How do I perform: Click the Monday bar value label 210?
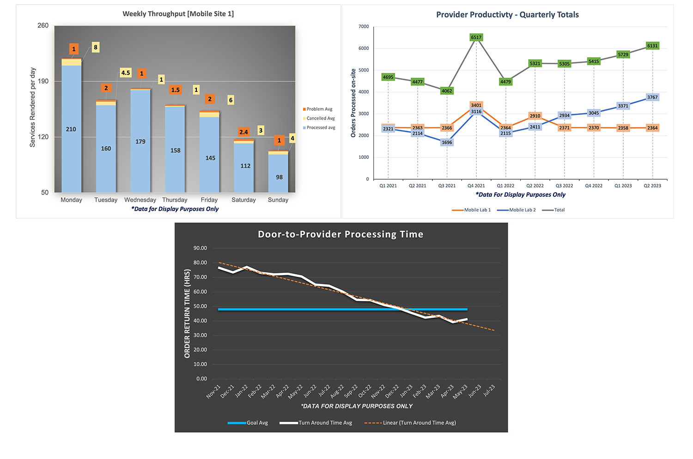(x=71, y=129)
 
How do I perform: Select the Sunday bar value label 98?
(x=279, y=177)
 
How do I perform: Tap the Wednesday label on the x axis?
(x=140, y=200)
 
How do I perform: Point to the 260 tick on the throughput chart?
(x=43, y=26)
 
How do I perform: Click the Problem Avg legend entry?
(x=319, y=109)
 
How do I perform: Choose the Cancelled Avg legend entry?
(x=320, y=119)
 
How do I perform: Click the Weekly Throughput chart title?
(x=178, y=14)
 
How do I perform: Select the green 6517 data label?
(x=476, y=37)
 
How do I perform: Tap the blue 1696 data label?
(x=447, y=143)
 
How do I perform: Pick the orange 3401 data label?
(x=476, y=105)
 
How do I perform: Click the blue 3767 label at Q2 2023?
(x=652, y=97)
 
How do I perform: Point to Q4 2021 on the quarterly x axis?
(x=476, y=186)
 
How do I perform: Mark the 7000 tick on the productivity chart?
(x=364, y=27)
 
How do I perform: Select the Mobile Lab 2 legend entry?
(x=522, y=210)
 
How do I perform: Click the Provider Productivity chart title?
(x=507, y=15)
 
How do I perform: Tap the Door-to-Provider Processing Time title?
(x=340, y=235)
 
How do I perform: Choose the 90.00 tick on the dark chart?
(x=200, y=248)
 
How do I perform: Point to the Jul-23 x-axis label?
(x=489, y=391)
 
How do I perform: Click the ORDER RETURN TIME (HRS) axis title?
(x=187, y=314)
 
